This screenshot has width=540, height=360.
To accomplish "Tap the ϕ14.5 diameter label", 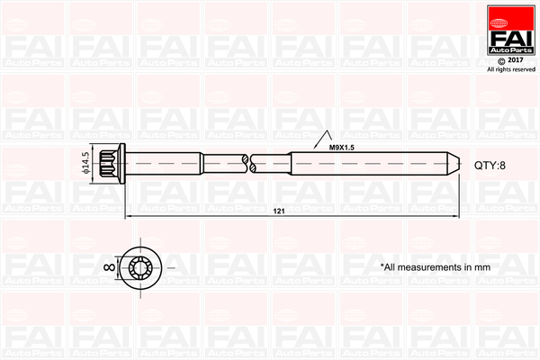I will pos(85,164).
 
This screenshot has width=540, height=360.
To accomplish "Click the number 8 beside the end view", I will pos(105,266).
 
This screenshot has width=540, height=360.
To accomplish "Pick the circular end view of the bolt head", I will pos(142,266).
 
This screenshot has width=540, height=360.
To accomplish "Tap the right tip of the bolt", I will pos(454,166).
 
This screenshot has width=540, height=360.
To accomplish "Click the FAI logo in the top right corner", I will pos(510,33).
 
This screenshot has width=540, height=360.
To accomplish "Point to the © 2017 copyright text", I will pos(510,60).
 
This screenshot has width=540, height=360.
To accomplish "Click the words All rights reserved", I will pos(510,69).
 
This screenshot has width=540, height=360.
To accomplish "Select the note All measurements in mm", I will pos(435,267).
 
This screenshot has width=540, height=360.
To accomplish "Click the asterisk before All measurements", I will pos(382,265).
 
